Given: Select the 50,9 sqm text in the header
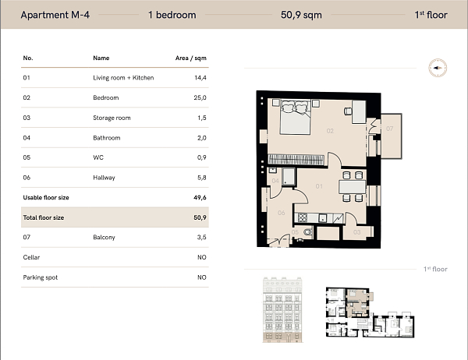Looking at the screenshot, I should pos(300,15).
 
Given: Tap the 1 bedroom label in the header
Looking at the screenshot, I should pos(172,15).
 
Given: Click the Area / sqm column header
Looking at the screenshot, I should pos(191,58).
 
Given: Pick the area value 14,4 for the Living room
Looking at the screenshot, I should pos(200,78).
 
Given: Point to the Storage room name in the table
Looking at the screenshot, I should pos(112,118).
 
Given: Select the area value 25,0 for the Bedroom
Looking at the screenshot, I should pos(200,98).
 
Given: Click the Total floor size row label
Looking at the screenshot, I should pos(44,217).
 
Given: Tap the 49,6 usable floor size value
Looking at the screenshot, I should pos(200,198).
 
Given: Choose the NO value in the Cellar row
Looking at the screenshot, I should pos(201,257).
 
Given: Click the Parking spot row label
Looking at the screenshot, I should pos(41,277).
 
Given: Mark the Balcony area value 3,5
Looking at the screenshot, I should pos(200,238).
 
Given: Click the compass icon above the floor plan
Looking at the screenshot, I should pos(436,69).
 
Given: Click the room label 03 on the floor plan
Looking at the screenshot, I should pos(356,231).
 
